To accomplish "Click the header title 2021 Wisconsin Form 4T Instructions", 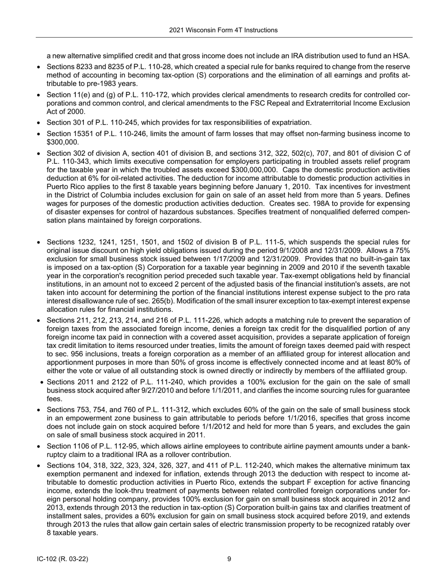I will [223, 30].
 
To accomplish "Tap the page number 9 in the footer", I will [229, 559].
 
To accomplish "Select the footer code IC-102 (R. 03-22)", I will [63, 559].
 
